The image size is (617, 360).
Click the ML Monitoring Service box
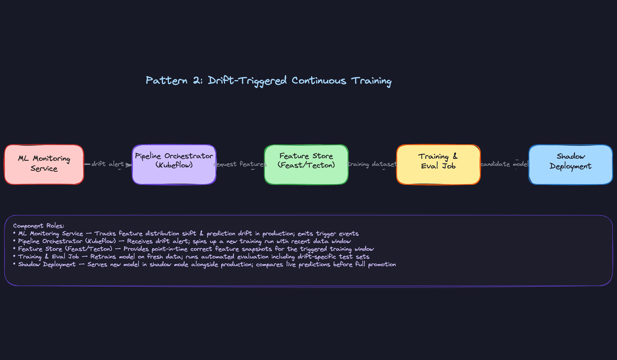(x=44, y=165)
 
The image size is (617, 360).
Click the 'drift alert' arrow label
(x=107, y=164)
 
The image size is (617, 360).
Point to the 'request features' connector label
(x=240, y=164)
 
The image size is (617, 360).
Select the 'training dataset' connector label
(x=372, y=164)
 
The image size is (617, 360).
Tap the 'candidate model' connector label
(x=504, y=164)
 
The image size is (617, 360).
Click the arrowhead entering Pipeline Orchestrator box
(x=129, y=165)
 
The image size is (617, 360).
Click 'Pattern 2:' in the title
(x=174, y=80)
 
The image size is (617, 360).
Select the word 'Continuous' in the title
(x=319, y=80)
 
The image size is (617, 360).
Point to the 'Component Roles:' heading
(x=39, y=226)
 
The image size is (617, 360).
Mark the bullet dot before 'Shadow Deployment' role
(x=14, y=264)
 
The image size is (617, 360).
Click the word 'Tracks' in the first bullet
(x=105, y=234)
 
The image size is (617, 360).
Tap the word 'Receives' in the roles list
(x=139, y=241)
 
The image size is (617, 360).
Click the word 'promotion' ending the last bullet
(x=382, y=265)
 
